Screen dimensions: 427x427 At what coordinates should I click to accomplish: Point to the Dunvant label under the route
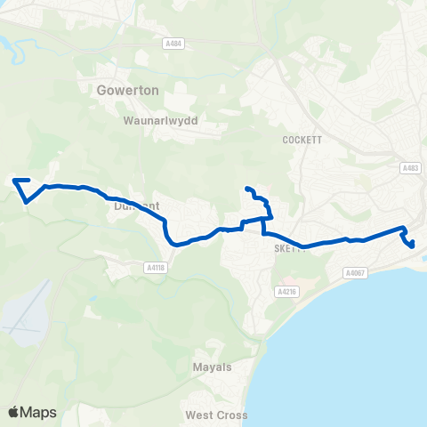[136, 205]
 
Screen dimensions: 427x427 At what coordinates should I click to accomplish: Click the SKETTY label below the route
[291, 250]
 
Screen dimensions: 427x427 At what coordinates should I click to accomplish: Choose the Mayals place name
[212, 367]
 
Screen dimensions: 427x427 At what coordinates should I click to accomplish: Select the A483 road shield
[410, 168]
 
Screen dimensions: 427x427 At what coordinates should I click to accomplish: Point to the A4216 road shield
[285, 291]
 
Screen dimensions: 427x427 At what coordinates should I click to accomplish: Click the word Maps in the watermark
[39, 412]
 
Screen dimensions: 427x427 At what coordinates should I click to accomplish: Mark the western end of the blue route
[14, 181]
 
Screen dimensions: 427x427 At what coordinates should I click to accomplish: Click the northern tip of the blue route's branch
[246, 189]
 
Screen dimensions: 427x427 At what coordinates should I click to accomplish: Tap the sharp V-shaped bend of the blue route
[28, 201]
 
